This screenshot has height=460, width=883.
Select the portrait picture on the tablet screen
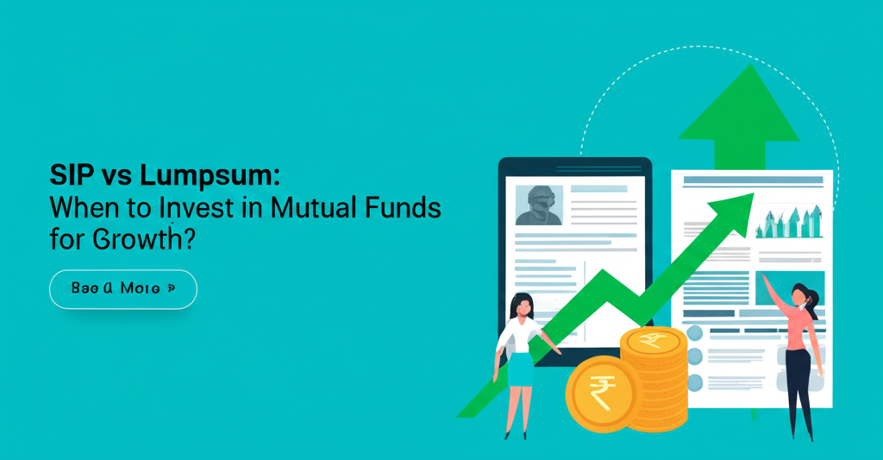pyautogui.click(x=538, y=205)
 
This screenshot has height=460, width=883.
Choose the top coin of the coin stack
pyautogui.click(x=655, y=340)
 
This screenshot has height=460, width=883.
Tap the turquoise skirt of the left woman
pyautogui.click(x=520, y=369)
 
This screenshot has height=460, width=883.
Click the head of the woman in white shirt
pyautogui.click(x=523, y=306)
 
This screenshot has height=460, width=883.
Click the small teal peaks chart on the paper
pyautogui.click(x=788, y=222)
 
